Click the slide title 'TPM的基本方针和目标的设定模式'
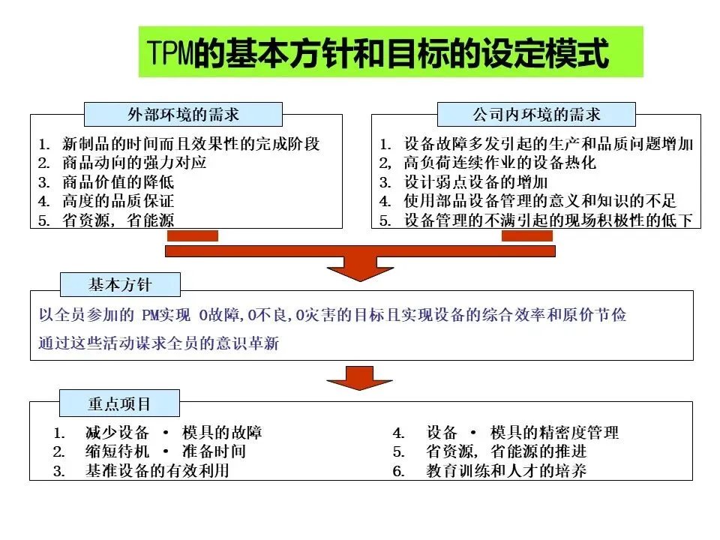click(390, 52)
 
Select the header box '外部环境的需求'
click(183, 115)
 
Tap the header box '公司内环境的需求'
click(536, 115)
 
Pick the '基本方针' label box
click(119, 283)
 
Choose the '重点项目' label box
click(119, 403)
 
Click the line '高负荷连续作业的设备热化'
click(499, 162)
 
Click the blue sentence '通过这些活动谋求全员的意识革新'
click(159, 343)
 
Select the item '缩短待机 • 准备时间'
click(165, 451)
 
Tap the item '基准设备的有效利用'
click(157, 471)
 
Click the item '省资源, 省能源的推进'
click(506, 451)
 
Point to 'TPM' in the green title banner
click(169, 53)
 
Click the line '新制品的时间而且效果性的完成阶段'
click(191, 142)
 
